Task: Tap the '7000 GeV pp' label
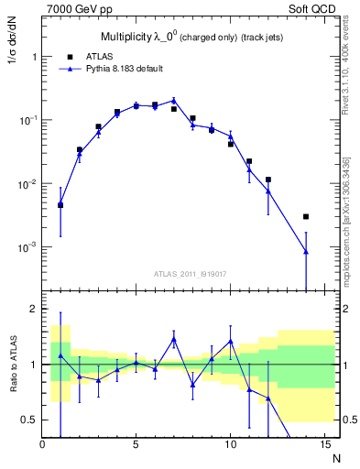(x=76, y=8)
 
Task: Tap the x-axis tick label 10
(x=229, y=445)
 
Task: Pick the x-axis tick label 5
(x=136, y=445)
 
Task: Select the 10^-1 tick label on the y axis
(x=27, y=121)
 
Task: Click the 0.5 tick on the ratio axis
(x=28, y=420)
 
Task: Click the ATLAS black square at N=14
(x=305, y=217)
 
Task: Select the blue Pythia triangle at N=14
(x=305, y=251)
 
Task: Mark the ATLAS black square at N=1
(x=60, y=205)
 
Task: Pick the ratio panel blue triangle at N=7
(x=174, y=339)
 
